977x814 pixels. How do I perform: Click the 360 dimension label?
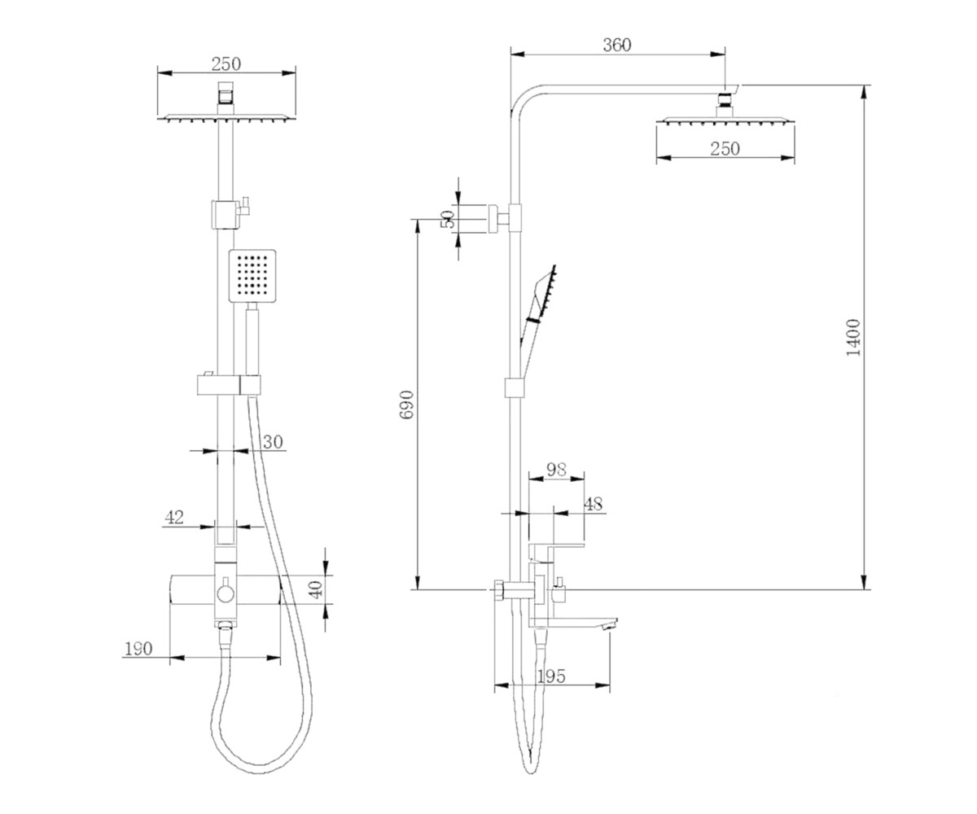click(616, 45)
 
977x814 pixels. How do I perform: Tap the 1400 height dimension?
click(853, 338)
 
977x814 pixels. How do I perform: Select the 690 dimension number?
click(407, 405)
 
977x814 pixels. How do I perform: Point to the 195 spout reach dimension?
click(551, 676)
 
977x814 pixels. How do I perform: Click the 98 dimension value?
click(556, 469)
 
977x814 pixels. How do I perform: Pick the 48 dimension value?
click(594, 504)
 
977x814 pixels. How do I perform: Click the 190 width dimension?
click(138, 649)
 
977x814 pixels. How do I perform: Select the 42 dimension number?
click(174, 518)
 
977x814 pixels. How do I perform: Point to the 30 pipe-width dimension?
click(273, 442)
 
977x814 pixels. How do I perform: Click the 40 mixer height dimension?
click(317, 589)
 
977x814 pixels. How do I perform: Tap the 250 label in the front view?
click(226, 64)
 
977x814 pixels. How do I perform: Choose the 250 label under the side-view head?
click(725, 149)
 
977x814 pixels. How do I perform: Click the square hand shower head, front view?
click(252, 276)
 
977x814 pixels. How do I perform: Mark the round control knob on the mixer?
click(226, 594)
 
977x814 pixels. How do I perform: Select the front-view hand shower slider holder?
click(229, 386)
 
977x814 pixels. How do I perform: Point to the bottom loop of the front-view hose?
click(261, 762)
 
